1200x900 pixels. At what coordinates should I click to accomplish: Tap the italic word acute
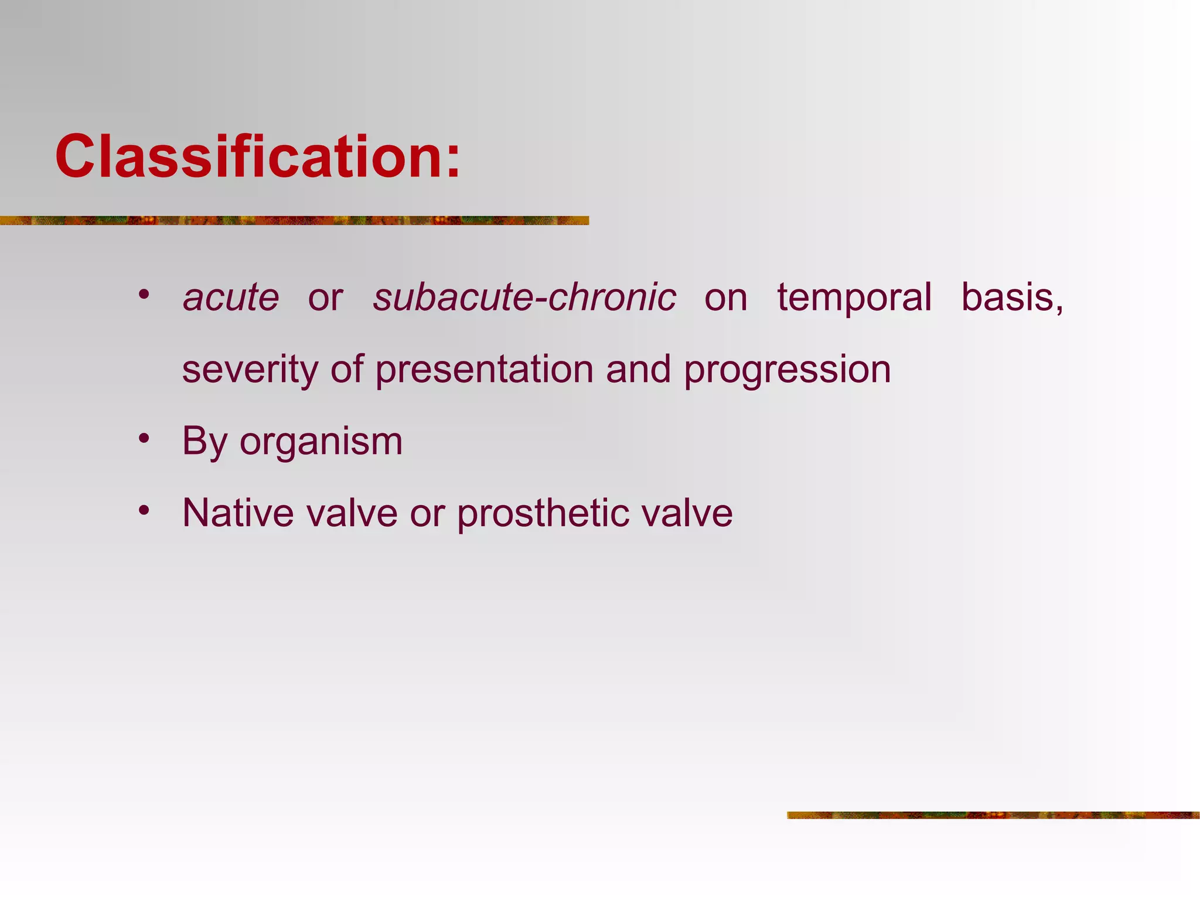pyautogui.click(x=231, y=297)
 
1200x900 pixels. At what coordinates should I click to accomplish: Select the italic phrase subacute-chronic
pyautogui.click(x=524, y=297)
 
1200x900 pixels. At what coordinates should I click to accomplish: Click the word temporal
pyautogui.click(x=854, y=297)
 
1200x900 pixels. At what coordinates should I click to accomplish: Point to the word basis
pyautogui.click(x=1011, y=297)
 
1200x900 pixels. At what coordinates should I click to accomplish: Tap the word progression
pyautogui.click(x=787, y=370)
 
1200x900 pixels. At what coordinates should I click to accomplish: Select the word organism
pyautogui.click(x=321, y=441)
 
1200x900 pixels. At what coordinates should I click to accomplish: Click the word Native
pyautogui.click(x=238, y=513)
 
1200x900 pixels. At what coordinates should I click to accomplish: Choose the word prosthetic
pyautogui.click(x=543, y=513)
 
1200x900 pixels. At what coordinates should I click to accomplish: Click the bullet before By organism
pyautogui.click(x=144, y=438)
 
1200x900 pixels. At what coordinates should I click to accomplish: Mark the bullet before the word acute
pyautogui.click(x=144, y=294)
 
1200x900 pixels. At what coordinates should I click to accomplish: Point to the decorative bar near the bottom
pyautogui.click(x=993, y=815)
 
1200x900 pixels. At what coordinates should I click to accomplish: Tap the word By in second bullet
pyautogui.click(x=204, y=441)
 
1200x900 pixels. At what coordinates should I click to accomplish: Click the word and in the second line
pyautogui.click(x=638, y=370)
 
